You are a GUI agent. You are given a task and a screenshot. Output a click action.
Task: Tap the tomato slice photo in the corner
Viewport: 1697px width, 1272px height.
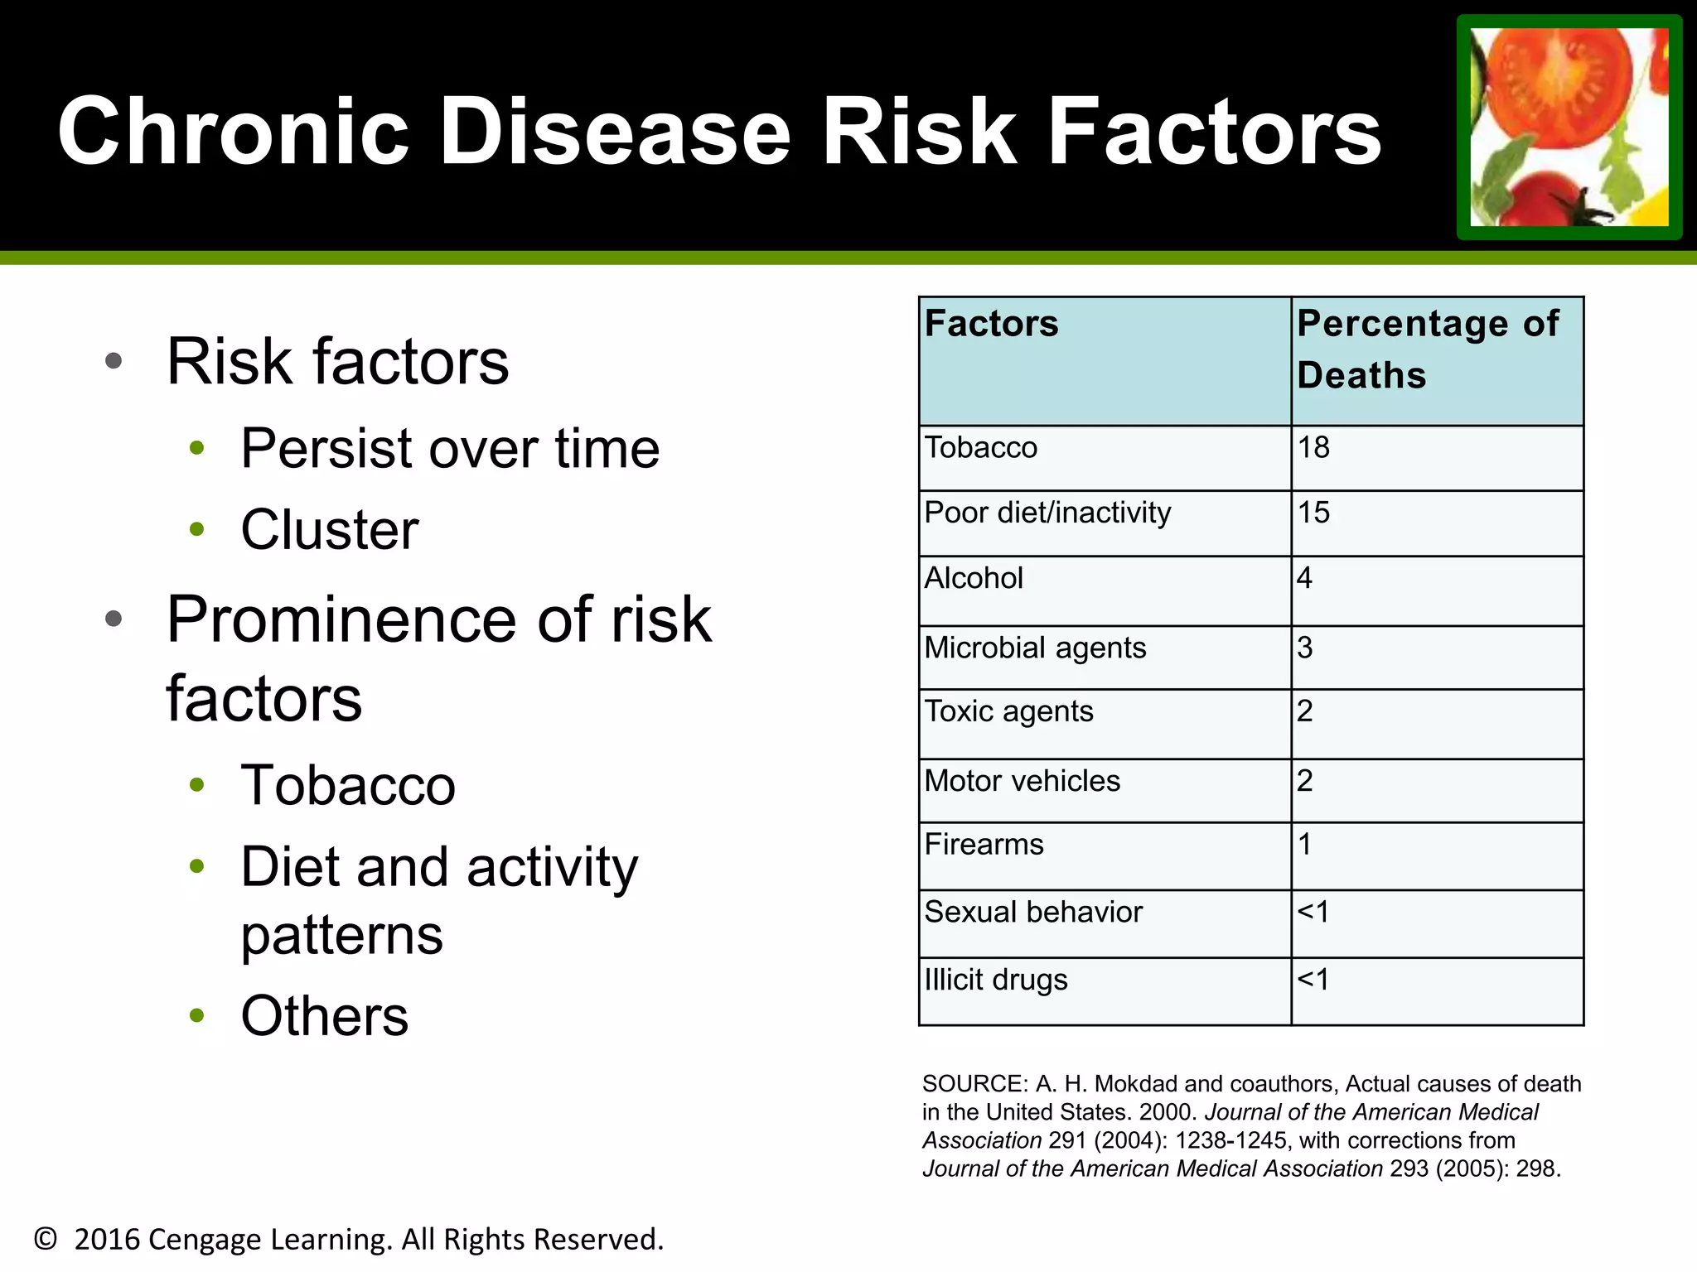(x=1569, y=127)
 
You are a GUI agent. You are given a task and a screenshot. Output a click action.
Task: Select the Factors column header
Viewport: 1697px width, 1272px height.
(x=991, y=324)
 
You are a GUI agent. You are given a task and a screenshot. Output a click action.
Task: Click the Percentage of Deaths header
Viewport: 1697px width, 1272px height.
(x=1427, y=349)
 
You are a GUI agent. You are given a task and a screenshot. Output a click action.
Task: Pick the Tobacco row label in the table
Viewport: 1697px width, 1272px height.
(x=980, y=448)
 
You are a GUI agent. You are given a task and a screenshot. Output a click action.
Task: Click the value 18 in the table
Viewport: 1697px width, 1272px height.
(x=1313, y=448)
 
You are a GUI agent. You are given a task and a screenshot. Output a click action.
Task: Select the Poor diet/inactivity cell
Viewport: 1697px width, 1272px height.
(x=1047, y=513)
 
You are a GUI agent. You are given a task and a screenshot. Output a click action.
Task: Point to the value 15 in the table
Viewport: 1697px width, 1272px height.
(x=1313, y=513)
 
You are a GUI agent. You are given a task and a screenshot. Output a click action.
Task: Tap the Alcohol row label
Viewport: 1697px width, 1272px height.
(x=974, y=578)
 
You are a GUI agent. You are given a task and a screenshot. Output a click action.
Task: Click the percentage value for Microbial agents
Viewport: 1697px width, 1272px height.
(x=1305, y=648)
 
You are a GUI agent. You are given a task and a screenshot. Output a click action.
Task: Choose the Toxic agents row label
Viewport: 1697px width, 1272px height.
(x=1008, y=711)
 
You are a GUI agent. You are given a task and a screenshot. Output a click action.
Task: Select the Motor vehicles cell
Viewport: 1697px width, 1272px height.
(x=1022, y=781)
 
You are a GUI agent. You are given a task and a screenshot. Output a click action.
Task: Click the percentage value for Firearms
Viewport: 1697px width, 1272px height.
(x=1305, y=845)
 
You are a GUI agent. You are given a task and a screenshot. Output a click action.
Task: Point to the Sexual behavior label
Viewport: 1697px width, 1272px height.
(x=1032, y=912)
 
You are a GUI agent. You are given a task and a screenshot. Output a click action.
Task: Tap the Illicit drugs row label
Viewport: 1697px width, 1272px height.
(x=995, y=980)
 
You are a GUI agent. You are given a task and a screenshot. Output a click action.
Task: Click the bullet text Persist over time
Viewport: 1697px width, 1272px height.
(x=450, y=449)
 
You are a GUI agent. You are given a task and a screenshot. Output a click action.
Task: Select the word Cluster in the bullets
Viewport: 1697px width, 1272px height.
(x=329, y=530)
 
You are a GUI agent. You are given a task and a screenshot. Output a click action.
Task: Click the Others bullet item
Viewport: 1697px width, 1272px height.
(x=324, y=1016)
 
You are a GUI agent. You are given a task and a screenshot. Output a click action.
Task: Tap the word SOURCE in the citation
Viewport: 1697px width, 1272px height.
(x=974, y=1084)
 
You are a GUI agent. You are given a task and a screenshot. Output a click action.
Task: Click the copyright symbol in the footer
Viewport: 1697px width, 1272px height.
(x=46, y=1239)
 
